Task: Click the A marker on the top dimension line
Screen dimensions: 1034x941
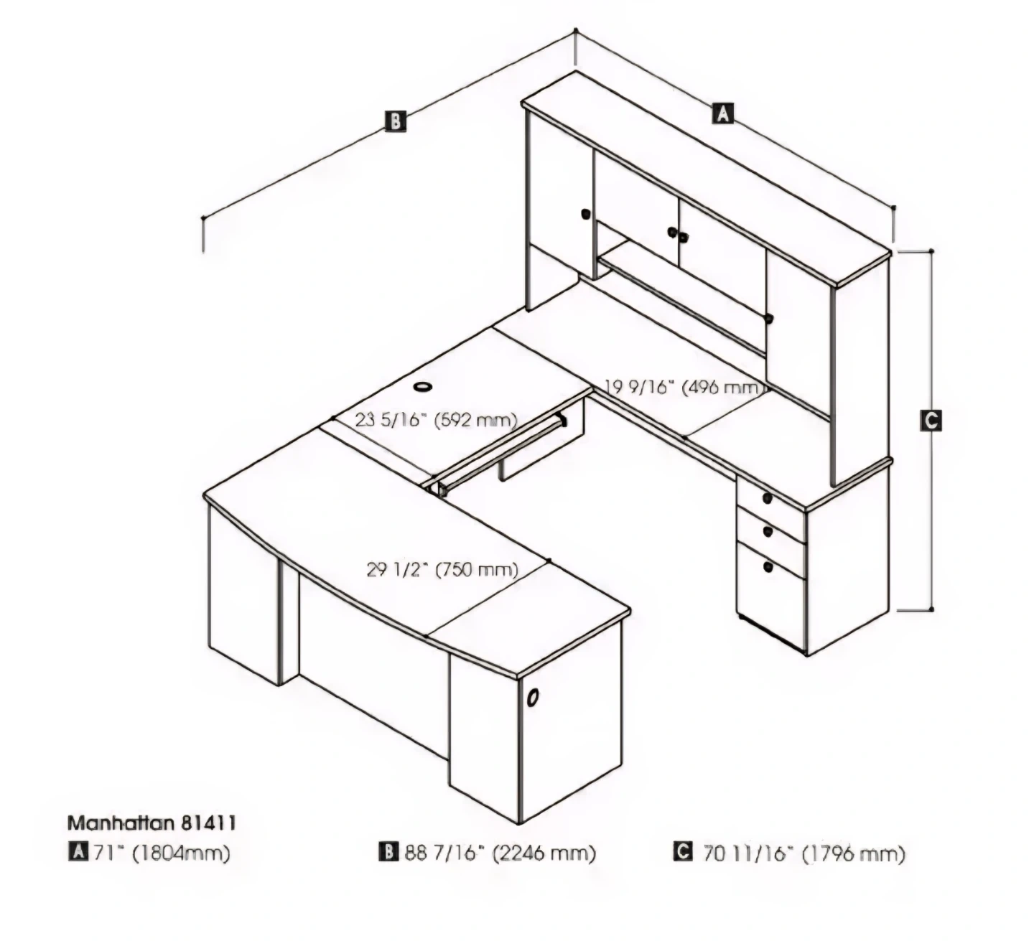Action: pyautogui.click(x=722, y=113)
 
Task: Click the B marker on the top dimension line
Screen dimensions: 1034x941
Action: pyautogui.click(x=396, y=121)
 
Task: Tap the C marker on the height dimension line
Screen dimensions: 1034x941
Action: pyautogui.click(x=931, y=420)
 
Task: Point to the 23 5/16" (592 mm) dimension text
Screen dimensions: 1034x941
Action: pyautogui.click(x=436, y=421)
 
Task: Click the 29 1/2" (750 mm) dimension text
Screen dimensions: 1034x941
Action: pyautogui.click(x=442, y=569)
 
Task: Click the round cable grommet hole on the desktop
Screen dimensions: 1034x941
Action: pyautogui.click(x=423, y=386)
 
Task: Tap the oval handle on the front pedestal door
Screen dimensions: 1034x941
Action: pyautogui.click(x=533, y=698)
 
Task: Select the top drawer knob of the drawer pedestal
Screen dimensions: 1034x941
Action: pyautogui.click(x=768, y=498)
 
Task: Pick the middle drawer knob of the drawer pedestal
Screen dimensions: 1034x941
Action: pyautogui.click(x=768, y=531)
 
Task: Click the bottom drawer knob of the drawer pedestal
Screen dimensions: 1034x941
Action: pyautogui.click(x=768, y=566)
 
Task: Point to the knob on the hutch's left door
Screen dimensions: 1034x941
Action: pyautogui.click(x=585, y=214)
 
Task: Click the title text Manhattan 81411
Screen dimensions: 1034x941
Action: pyautogui.click(x=152, y=823)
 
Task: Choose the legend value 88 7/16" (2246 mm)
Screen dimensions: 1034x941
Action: pyautogui.click(x=500, y=853)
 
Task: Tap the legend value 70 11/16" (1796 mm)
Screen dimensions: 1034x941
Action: pyautogui.click(x=804, y=854)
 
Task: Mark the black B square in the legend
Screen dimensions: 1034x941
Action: pyautogui.click(x=388, y=853)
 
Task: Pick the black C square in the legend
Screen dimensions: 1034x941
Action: pyautogui.click(x=682, y=853)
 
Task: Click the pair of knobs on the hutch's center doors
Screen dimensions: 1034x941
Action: pyautogui.click(x=678, y=235)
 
